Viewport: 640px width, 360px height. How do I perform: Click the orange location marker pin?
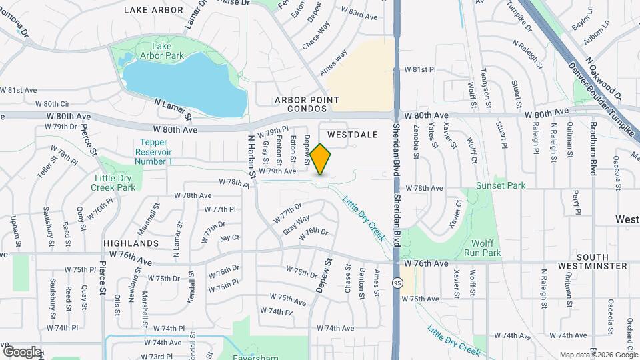pyautogui.click(x=321, y=159)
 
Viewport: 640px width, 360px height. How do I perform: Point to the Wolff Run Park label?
pyautogui.click(x=485, y=248)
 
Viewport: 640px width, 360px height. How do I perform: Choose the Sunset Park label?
pyautogui.click(x=501, y=185)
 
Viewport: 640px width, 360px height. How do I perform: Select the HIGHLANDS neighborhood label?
pyautogui.click(x=131, y=243)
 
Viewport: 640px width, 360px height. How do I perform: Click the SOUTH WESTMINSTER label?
pyautogui.click(x=592, y=261)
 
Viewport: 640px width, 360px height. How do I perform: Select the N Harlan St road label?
pyautogui.click(x=251, y=155)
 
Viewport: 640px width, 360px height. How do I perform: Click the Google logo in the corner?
pyautogui.click(x=22, y=351)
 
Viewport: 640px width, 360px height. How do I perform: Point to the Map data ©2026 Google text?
pyautogui.click(x=598, y=355)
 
